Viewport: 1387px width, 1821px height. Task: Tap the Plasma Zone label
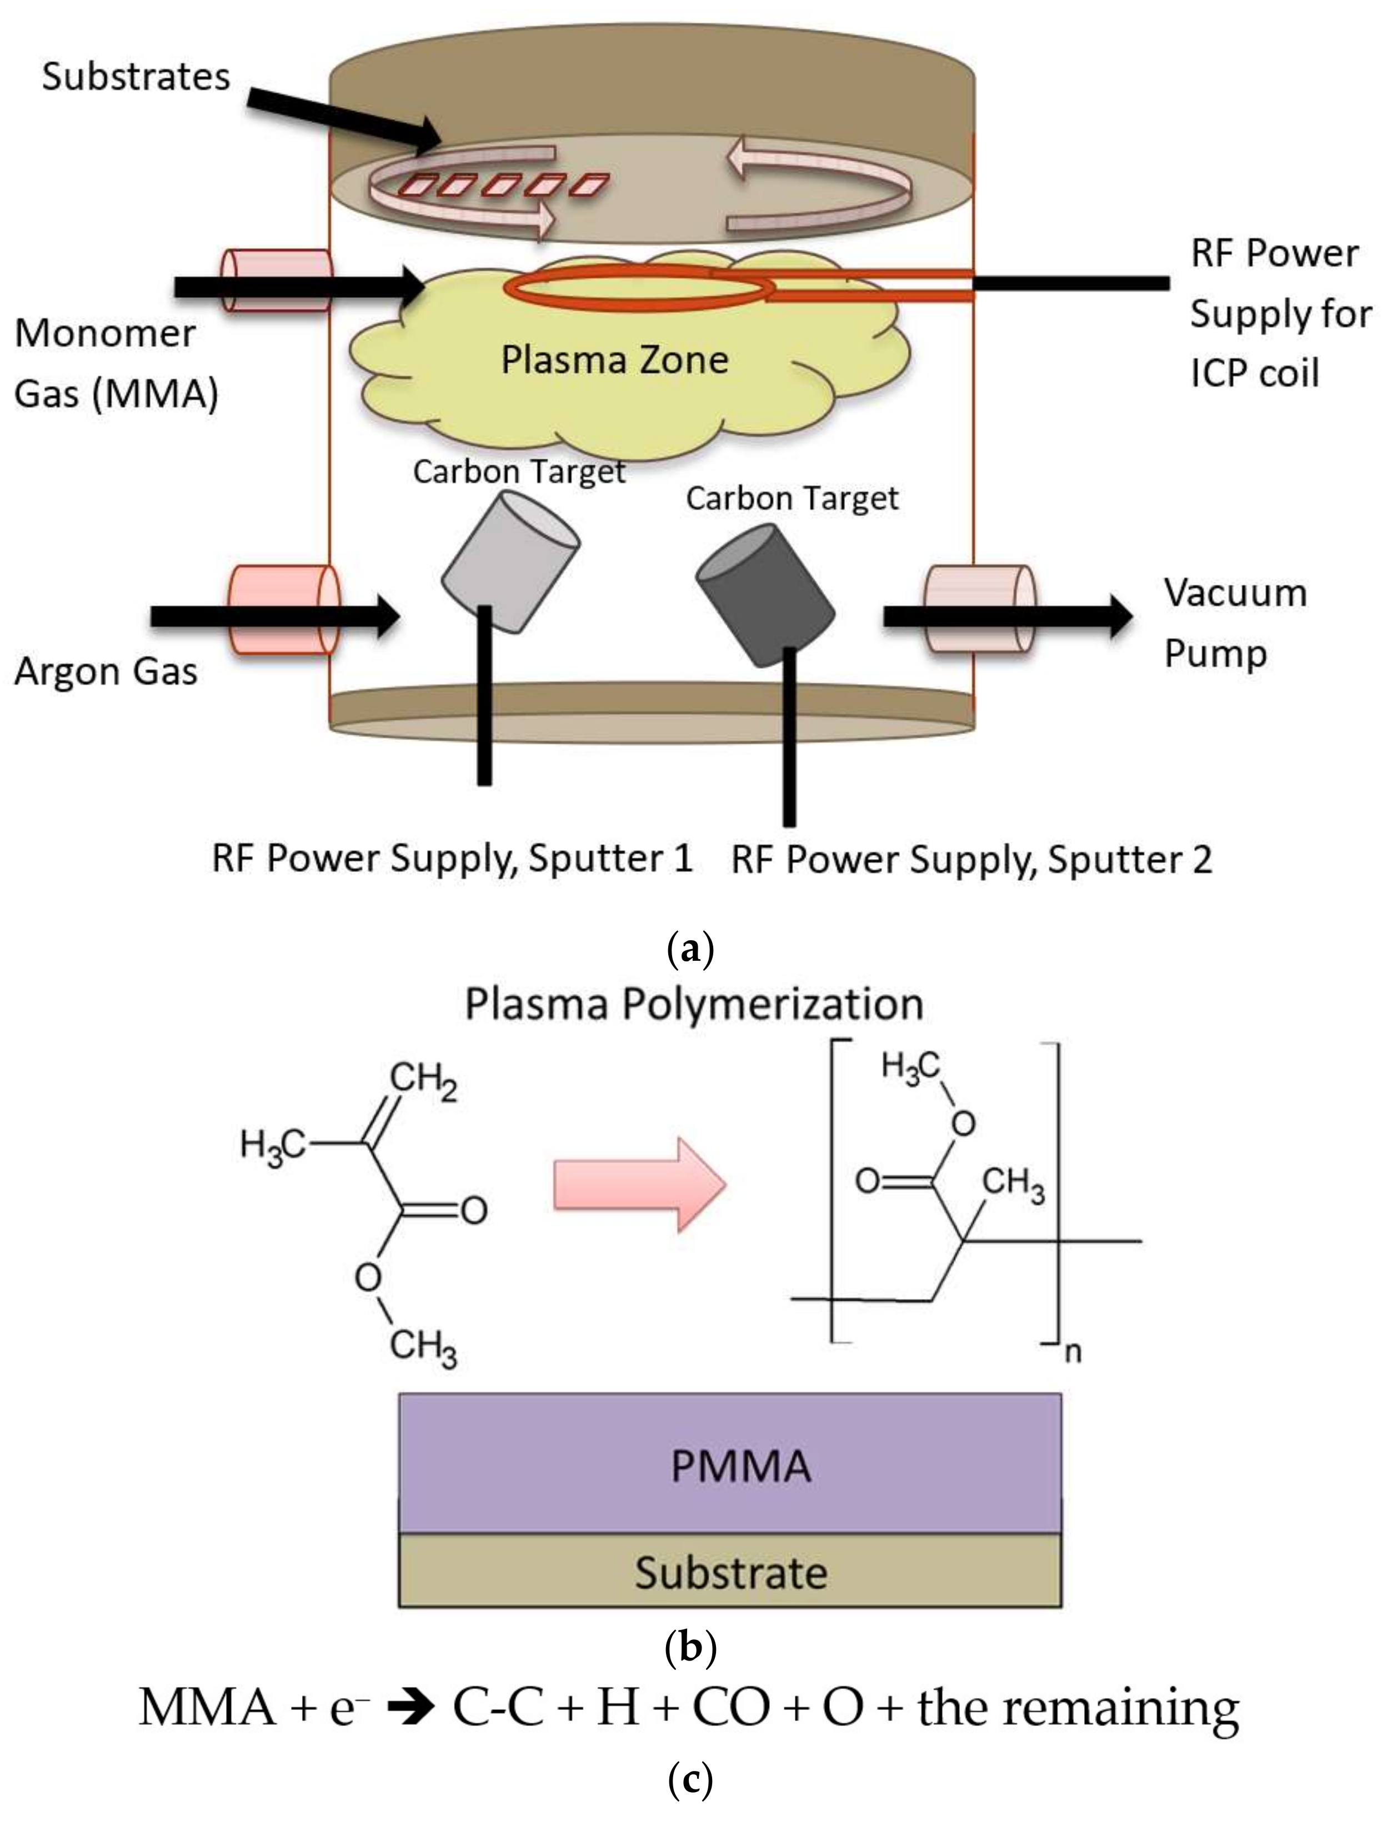coord(615,360)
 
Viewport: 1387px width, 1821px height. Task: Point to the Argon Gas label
coord(106,671)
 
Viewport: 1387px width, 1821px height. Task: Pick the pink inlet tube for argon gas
coord(284,609)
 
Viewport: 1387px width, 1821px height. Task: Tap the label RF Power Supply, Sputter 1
coord(452,859)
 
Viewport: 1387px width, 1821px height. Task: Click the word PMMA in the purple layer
coord(740,1467)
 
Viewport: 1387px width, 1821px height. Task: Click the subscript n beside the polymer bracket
coord(1073,1353)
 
